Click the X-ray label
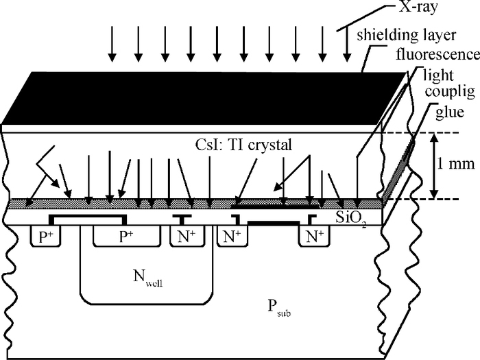pyautogui.click(x=418, y=7)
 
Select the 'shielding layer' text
pyautogui.click(x=407, y=35)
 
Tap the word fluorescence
pyautogui.click(x=437, y=54)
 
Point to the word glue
pyautogui.click(x=449, y=112)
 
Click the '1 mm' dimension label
pyautogui.click(x=455, y=164)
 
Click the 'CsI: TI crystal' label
pyautogui.click(x=243, y=145)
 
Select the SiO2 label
pyautogui.click(x=351, y=218)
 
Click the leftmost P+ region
pyautogui.click(x=46, y=237)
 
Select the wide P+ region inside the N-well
pyautogui.click(x=127, y=236)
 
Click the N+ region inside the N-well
pyautogui.click(x=187, y=236)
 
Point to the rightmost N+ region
pyautogui.click(x=315, y=236)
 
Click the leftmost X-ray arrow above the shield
pyautogui.click(x=112, y=43)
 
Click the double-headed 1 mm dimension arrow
pyautogui.click(x=434, y=166)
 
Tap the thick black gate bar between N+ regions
pyautogui.click(x=274, y=223)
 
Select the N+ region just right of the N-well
pyautogui.click(x=232, y=236)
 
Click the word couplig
pyautogui.click(x=450, y=91)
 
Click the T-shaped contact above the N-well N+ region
pyautogui.click(x=182, y=219)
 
